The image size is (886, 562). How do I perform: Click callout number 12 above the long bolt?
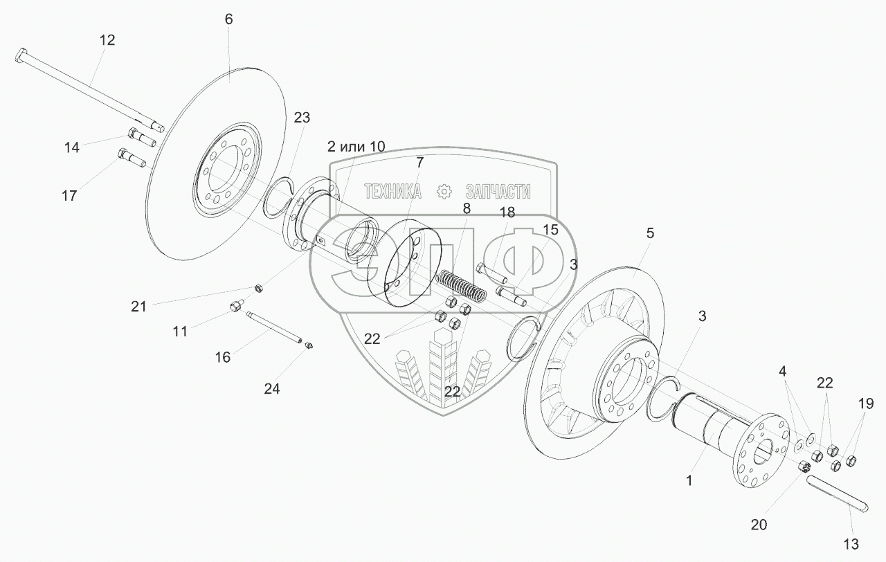pos(107,41)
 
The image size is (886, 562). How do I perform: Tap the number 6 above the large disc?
pos(228,19)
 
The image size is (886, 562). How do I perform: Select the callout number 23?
pos(302,117)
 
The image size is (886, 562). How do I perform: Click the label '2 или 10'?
pos(356,146)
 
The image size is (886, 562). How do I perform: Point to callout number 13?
pos(851,543)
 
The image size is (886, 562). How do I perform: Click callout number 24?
pos(271,389)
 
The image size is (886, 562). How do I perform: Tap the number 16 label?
pos(222,357)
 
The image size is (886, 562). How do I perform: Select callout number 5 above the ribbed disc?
pos(649,234)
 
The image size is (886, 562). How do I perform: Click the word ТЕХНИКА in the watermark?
pos(392,192)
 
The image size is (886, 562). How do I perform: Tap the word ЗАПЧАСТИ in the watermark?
pos(498,192)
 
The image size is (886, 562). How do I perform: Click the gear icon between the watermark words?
pos(444,192)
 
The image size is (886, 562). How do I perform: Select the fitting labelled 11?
pos(236,305)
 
